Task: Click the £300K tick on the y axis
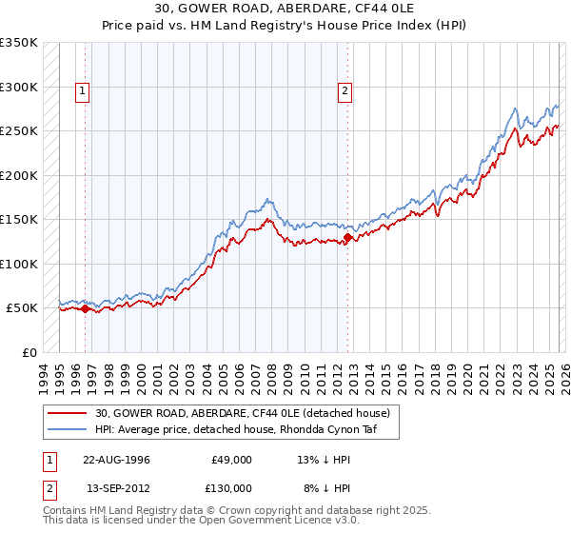click(x=19, y=87)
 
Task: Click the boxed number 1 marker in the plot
click(x=84, y=91)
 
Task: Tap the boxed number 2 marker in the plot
click(x=345, y=91)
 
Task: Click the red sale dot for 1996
click(x=86, y=308)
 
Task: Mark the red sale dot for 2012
click(x=348, y=237)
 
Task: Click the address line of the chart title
click(x=285, y=10)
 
